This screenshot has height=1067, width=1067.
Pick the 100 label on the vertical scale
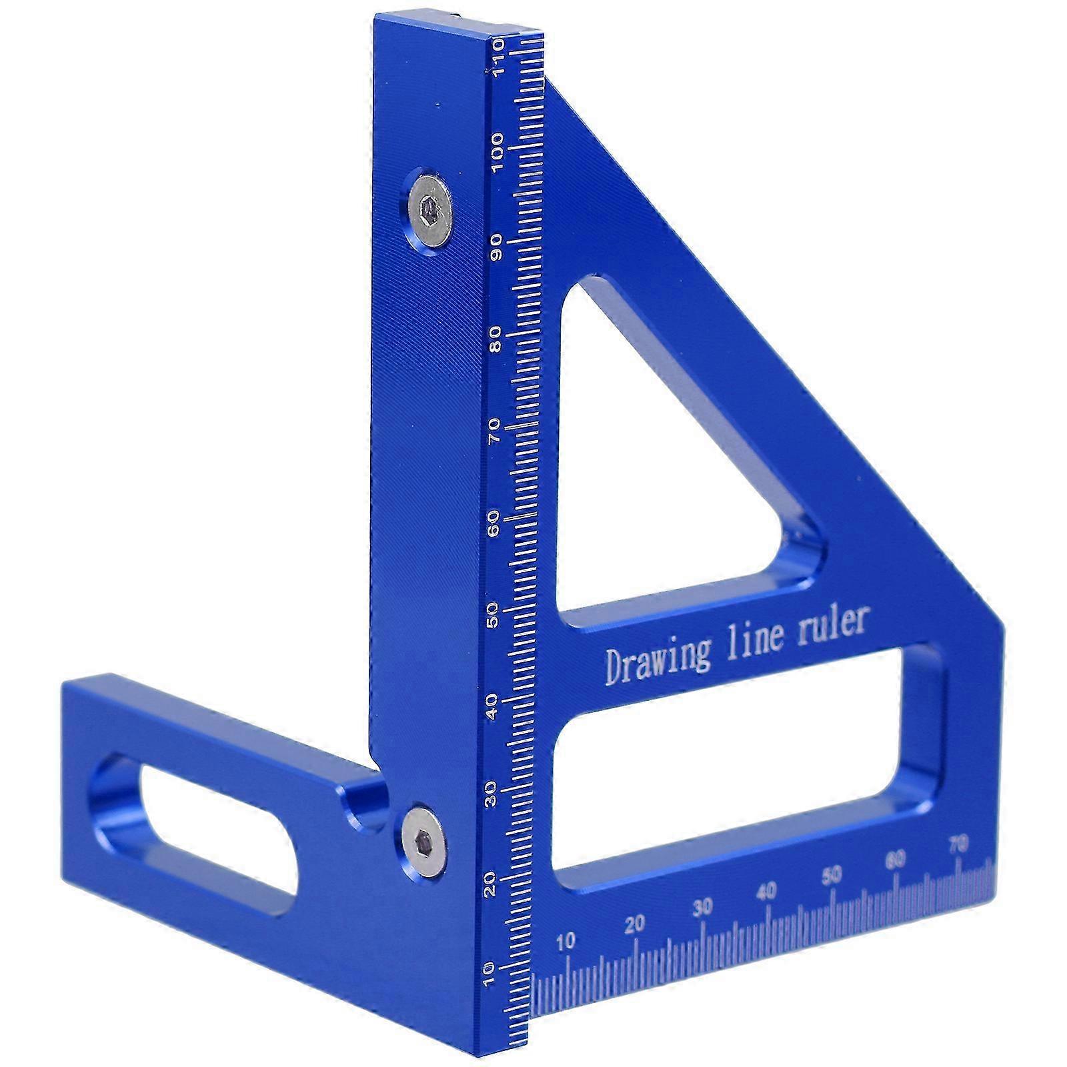495,153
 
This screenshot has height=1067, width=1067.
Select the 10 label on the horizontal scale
565,942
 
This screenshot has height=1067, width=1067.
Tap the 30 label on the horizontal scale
702,908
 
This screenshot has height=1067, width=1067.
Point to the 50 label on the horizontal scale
832,875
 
